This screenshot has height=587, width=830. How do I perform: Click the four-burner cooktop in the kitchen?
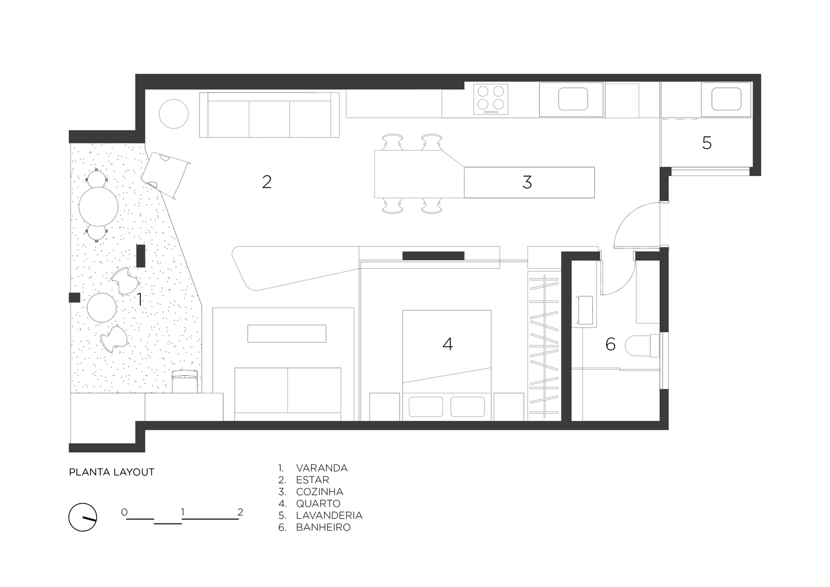[x=490, y=99]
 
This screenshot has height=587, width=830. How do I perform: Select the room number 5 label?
[x=707, y=143]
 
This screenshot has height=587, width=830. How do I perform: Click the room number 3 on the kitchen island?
[x=527, y=182]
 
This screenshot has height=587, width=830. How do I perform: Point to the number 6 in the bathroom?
[x=610, y=344]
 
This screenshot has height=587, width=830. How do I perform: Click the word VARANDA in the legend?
[x=321, y=468]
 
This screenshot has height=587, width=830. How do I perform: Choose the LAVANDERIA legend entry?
[x=329, y=515]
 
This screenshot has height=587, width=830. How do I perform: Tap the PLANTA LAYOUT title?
[x=111, y=472]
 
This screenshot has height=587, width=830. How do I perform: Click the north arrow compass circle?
[x=83, y=517]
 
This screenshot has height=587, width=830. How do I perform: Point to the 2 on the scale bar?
[x=240, y=512]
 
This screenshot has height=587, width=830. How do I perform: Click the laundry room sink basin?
[x=726, y=99]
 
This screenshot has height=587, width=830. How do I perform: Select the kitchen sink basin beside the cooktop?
[x=573, y=99]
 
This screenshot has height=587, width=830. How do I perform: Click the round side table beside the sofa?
[x=174, y=114]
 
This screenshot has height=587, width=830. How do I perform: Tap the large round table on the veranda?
[x=99, y=207]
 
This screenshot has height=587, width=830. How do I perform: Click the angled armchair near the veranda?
[x=165, y=174]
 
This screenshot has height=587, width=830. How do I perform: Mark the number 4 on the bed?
[x=448, y=344]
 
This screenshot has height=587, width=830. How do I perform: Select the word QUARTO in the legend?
[x=318, y=504]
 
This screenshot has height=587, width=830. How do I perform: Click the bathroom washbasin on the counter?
[x=585, y=310]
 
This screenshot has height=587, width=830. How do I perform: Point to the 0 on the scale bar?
[x=124, y=512]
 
